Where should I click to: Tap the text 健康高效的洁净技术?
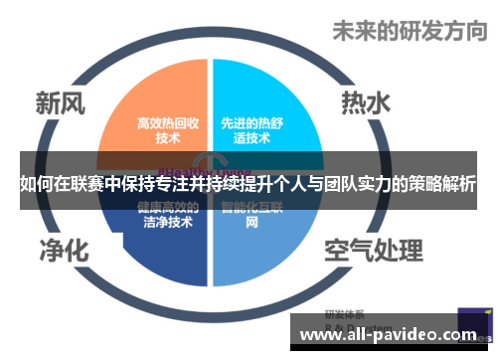[167, 216]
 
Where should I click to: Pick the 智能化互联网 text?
[252, 216]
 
